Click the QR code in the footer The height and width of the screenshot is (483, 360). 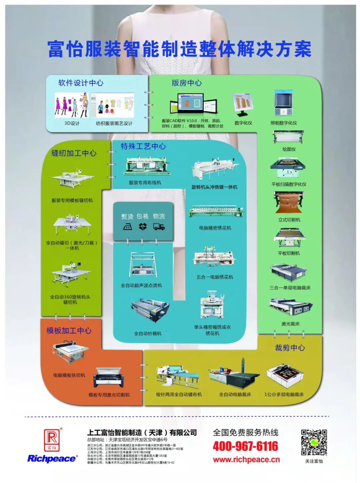pyautogui.click(x=314, y=442)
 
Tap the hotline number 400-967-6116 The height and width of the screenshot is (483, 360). pyautogui.click(x=245, y=446)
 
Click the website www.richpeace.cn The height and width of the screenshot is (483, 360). pyautogui.click(x=246, y=460)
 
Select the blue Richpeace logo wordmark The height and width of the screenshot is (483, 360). pyautogui.click(x=52, y=459)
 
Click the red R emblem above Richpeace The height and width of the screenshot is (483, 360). pyautogui.click(x=52, y=439)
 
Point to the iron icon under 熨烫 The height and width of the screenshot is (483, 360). pyautogui.click(x=127, y=227)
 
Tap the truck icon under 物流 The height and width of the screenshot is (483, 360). pyautogui.click(x=159, y=227)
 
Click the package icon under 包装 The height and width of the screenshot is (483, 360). pyautogui.click(x=143, y=227)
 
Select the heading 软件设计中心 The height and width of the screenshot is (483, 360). pyautogui.click(x=81, y=83)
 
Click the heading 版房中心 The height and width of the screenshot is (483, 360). pyautogui.click(x=187, y=83)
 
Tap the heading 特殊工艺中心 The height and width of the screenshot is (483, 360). pyautogui.click(x=143, y=146)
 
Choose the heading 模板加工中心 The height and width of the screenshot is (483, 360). pyautogui.click(x=69, y=330)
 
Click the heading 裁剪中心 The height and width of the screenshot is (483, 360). pyautogui.click(x=290, y=348)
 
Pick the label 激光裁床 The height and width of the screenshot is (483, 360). pyautogui.click(x=290, y=324)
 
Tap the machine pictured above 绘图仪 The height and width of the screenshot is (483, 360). pyautogui.click(x=289, y=137)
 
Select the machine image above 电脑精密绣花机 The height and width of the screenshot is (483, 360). pyautogui.click(x=215, y=213)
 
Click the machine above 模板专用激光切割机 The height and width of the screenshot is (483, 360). pyautogui.click(x=109, y=378)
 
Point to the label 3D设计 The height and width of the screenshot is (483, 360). pyautogui.click(x=72, y=123)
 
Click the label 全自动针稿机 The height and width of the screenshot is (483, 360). pyautogui.click(x=148, y=333)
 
